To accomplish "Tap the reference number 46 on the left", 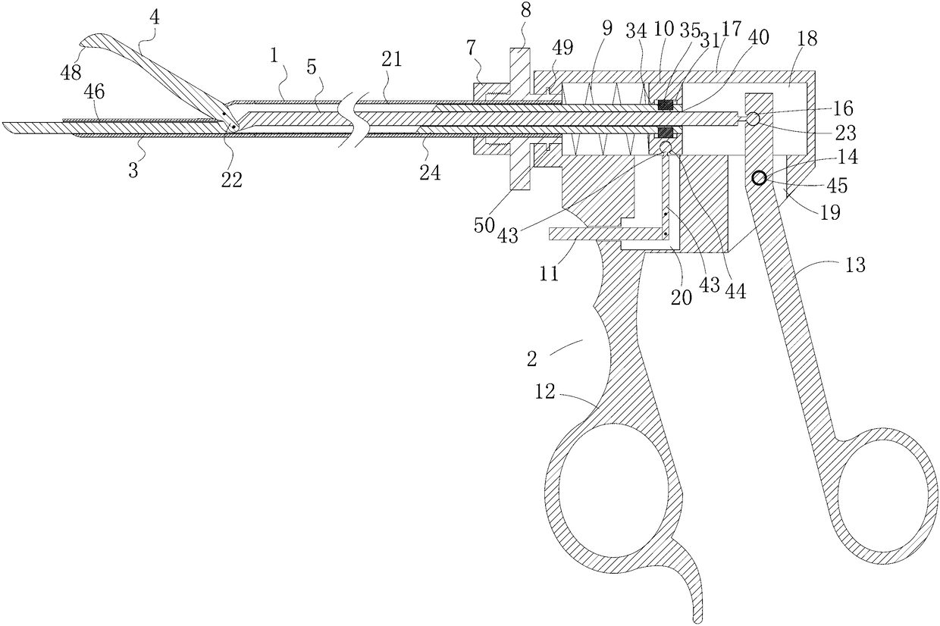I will click(95, 92).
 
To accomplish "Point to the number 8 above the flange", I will click(525, 11).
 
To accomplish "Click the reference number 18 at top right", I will click(807, 39).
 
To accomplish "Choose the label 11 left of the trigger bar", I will click(549, 274).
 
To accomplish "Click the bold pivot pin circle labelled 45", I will click(759, 178).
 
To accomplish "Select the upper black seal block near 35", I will click(666, 104).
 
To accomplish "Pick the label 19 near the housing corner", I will click(831, 213).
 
